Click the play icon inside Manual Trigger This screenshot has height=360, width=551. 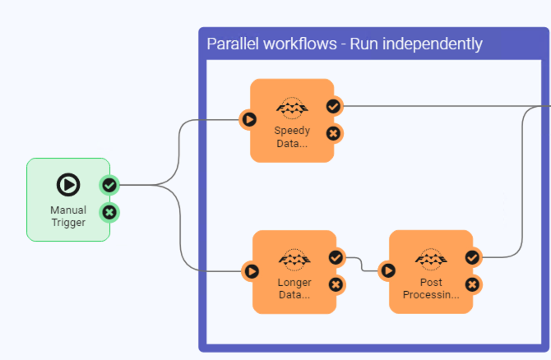click(68, 185)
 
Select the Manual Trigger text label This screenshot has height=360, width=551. click(68, 215)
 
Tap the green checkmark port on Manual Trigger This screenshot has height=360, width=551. click(109, 185)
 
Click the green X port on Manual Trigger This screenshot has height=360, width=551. click(109, 213)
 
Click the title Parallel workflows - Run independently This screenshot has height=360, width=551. click(344, 44)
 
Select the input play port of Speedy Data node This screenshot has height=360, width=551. click(248, 120)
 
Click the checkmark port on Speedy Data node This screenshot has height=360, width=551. click(333, 106)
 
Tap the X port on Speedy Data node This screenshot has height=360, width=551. click(333, 133)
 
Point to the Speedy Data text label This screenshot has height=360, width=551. click(291, 136)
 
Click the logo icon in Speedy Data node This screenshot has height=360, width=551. click(291, 108)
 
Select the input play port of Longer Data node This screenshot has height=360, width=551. click(251, 270)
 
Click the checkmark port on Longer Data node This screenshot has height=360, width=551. click(336, 257)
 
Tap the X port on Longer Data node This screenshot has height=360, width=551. click(336, 284)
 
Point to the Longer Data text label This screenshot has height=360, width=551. click(294, 288)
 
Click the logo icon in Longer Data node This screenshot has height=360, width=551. click(294, 259)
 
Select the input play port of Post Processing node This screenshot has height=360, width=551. click(387, 270)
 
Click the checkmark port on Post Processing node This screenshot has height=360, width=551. click(472, 257)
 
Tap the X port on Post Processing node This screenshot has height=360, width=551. click(472, 284)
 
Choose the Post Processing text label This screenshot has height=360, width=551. click(431, 288)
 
